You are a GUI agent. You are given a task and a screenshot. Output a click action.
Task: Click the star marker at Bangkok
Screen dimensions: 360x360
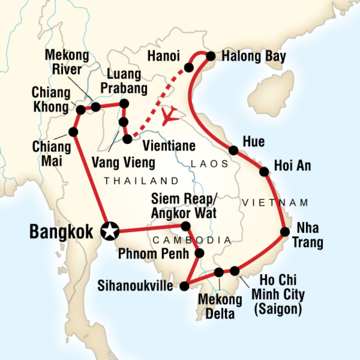click(109, 232)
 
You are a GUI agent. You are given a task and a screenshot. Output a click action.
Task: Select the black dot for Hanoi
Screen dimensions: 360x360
click(189, 67)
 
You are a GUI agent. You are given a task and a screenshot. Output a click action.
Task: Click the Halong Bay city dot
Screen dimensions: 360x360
click(210, 56)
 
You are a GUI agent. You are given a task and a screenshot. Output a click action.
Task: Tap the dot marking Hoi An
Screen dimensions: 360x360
click(265, 171)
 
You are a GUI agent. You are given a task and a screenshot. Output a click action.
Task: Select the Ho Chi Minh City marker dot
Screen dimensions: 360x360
click(235, 270)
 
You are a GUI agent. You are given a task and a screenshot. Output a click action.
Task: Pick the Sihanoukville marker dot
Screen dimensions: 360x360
click(184, 286)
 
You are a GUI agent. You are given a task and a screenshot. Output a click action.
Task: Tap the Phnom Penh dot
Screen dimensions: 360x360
click(200, 253)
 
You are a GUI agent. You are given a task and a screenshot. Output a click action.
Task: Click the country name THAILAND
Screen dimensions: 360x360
click(141, 181)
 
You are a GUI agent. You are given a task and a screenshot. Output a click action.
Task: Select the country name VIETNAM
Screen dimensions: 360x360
click(275, 202)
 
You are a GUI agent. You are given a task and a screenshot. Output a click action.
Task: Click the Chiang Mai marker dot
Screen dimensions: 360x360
click(73, 132)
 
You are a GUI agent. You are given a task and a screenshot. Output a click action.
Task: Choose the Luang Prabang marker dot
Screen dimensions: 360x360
click(124, 104)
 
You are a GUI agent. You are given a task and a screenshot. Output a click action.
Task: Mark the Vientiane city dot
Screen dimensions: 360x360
click(128, 139)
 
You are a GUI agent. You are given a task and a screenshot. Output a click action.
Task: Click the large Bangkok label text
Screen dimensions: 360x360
click(62, 231)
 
